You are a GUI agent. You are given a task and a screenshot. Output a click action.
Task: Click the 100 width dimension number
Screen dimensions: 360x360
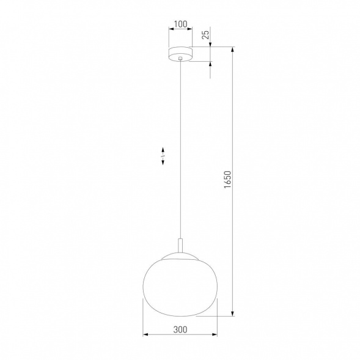coord(180,25)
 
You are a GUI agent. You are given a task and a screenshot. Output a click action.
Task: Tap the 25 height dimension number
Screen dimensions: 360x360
coord(206,34)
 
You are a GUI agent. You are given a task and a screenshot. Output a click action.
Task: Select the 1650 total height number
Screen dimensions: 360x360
coord(227,182)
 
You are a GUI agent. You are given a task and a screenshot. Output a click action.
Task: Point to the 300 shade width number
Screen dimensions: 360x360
coord(180,329)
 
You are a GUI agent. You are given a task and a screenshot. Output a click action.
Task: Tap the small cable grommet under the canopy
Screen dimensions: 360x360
coord(180,60)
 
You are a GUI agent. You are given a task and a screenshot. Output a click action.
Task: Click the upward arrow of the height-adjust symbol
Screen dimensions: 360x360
coord(163,149)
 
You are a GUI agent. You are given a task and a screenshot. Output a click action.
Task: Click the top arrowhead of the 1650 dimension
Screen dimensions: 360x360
coord(233,49)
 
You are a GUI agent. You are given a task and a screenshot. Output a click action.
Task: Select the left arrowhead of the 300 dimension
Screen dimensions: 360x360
coord(145,335)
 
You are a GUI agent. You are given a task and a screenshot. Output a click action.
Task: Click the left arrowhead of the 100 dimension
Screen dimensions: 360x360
coord(170,31)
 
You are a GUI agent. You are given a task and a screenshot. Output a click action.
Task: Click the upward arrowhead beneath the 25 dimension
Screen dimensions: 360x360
coord(210,64)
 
